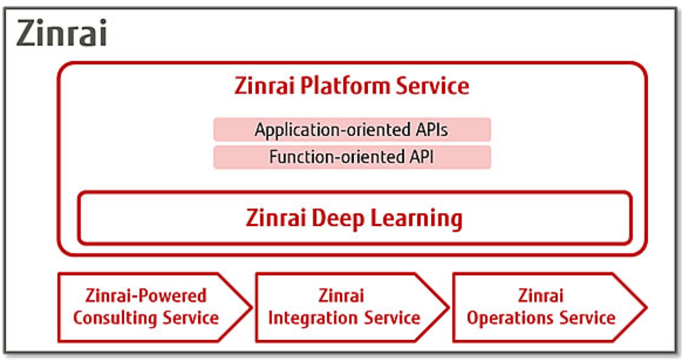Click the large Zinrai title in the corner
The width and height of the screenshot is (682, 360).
click(61, 32)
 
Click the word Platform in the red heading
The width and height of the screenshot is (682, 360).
click(345, 86)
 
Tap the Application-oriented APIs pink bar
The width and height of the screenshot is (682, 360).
click(352, 130)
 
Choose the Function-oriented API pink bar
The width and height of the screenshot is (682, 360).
click(352, 157)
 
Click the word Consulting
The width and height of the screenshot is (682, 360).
click(115, 318)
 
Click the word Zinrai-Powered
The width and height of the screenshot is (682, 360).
click(146, 295)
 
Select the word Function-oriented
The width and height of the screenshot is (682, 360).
click(337, 157)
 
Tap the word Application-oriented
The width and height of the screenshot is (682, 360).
click(333, 130)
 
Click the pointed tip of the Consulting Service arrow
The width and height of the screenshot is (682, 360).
click(252, 307)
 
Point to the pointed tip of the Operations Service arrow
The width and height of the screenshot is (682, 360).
click(647, 307)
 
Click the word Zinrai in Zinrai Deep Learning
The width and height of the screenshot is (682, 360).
click(276, 218)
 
